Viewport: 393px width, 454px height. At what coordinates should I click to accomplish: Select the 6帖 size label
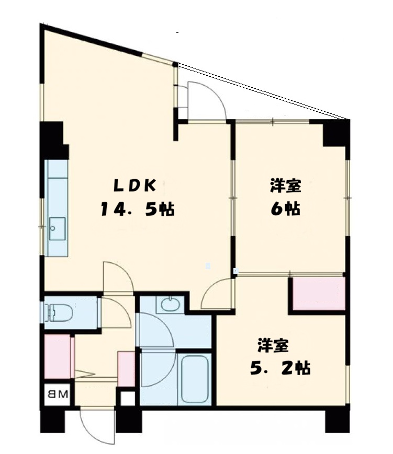click(x=285, y=208)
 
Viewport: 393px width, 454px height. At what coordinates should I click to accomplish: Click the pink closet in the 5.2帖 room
click(x=318, y=294)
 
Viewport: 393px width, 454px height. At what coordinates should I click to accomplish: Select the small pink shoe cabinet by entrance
click(x=127, y=369)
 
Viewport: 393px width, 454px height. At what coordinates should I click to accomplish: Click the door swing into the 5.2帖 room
click(x=217, y=294)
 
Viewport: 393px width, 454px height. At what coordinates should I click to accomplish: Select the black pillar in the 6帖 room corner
click(x=335, y=133)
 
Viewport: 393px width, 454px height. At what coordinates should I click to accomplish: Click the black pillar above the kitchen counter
click(x=53, y=140)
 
